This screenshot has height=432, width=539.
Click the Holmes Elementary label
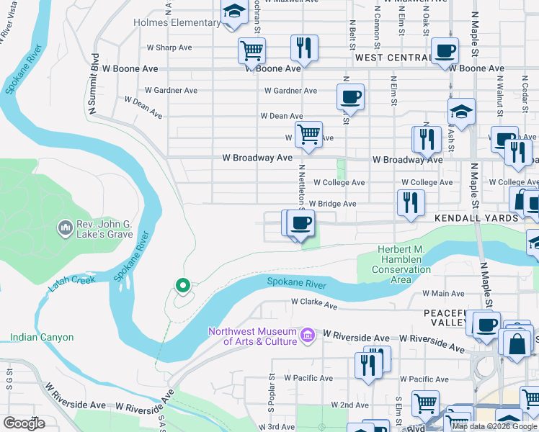click(x=177, y=22)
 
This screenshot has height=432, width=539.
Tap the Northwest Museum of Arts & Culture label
click(x=252, y=336)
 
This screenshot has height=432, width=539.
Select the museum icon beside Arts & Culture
click(x=308, y=336)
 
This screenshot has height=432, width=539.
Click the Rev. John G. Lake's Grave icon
click(x=65, y=228)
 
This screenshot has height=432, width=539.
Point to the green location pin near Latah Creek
click(x=183, y=286)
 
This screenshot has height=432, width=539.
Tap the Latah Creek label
click(x=72, y=284)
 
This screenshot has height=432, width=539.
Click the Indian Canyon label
click(x=42, y=337)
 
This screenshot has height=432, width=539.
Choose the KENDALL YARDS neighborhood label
click(x=476, y=217)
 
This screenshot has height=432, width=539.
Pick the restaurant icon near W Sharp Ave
click(x=304, y=48)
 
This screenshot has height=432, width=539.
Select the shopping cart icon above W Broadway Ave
click(x=308, y=134)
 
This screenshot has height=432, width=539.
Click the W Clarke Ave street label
click(x=314, y=305)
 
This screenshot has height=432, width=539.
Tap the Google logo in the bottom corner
click(x=24, y=423)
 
